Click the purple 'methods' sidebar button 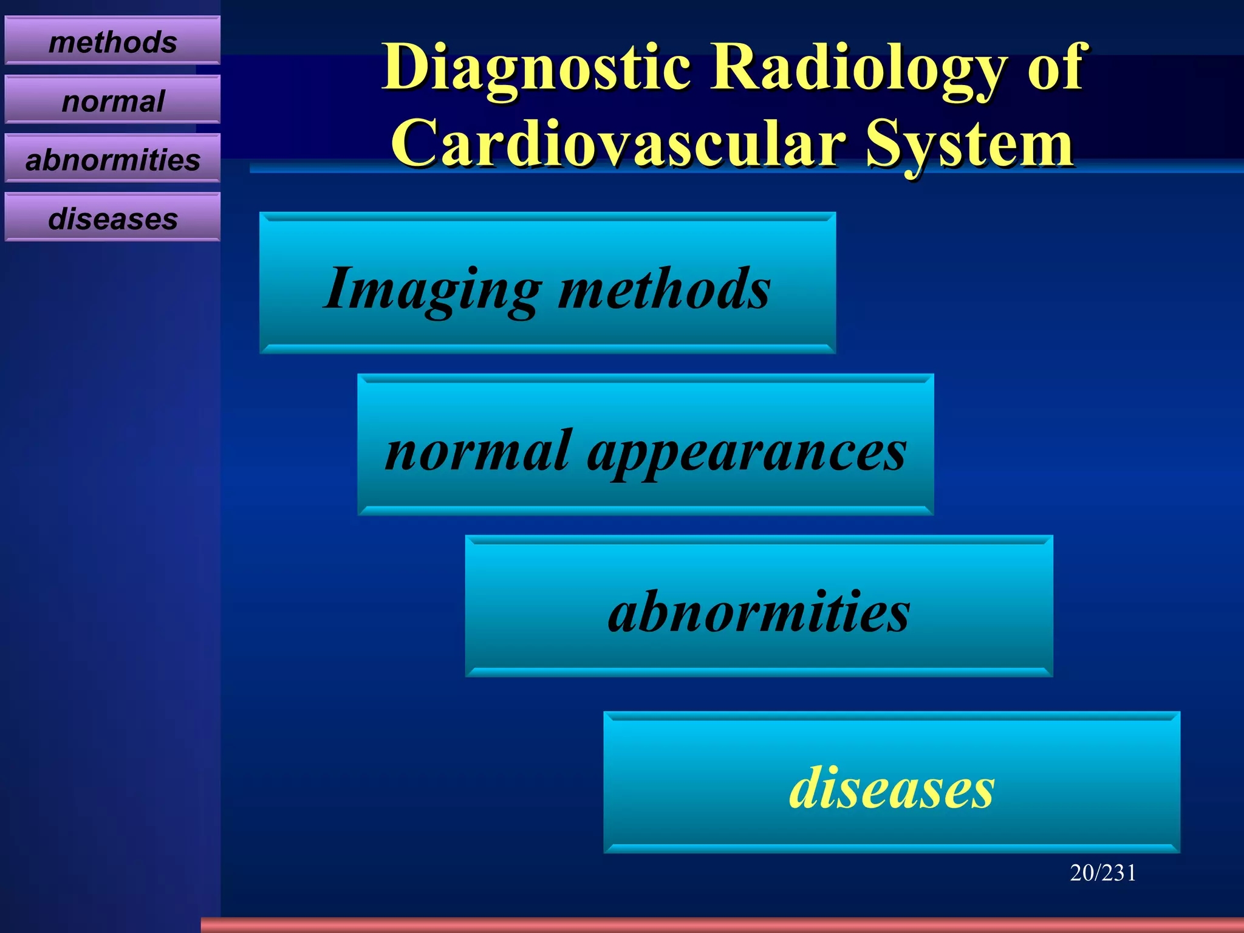[112, 41]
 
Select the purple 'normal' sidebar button [112, 100]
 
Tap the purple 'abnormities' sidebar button [112, 159]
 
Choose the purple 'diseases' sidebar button [112, 218]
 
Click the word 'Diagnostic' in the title [536, 68]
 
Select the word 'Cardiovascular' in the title [618, 143]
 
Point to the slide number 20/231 [1102, 873]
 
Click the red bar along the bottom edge [722, 925]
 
